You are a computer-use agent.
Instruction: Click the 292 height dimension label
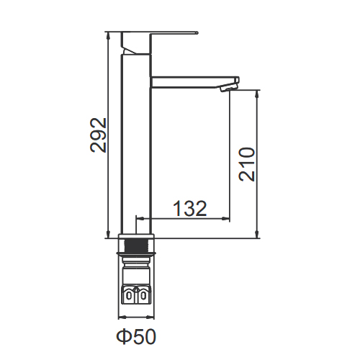click(98, 135)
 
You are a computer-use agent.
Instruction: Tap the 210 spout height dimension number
click(247, 164)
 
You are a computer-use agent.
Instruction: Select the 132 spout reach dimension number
click(189, 208)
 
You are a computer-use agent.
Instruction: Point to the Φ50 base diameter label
click(136, 336)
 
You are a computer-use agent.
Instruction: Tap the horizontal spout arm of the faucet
click(192, 82)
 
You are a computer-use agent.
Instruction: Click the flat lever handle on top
click(159, 42)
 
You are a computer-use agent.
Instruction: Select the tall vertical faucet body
click(136, 144)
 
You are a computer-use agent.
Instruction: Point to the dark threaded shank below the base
click(136, 246)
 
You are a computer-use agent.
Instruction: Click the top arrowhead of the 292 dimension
click(109, 35)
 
